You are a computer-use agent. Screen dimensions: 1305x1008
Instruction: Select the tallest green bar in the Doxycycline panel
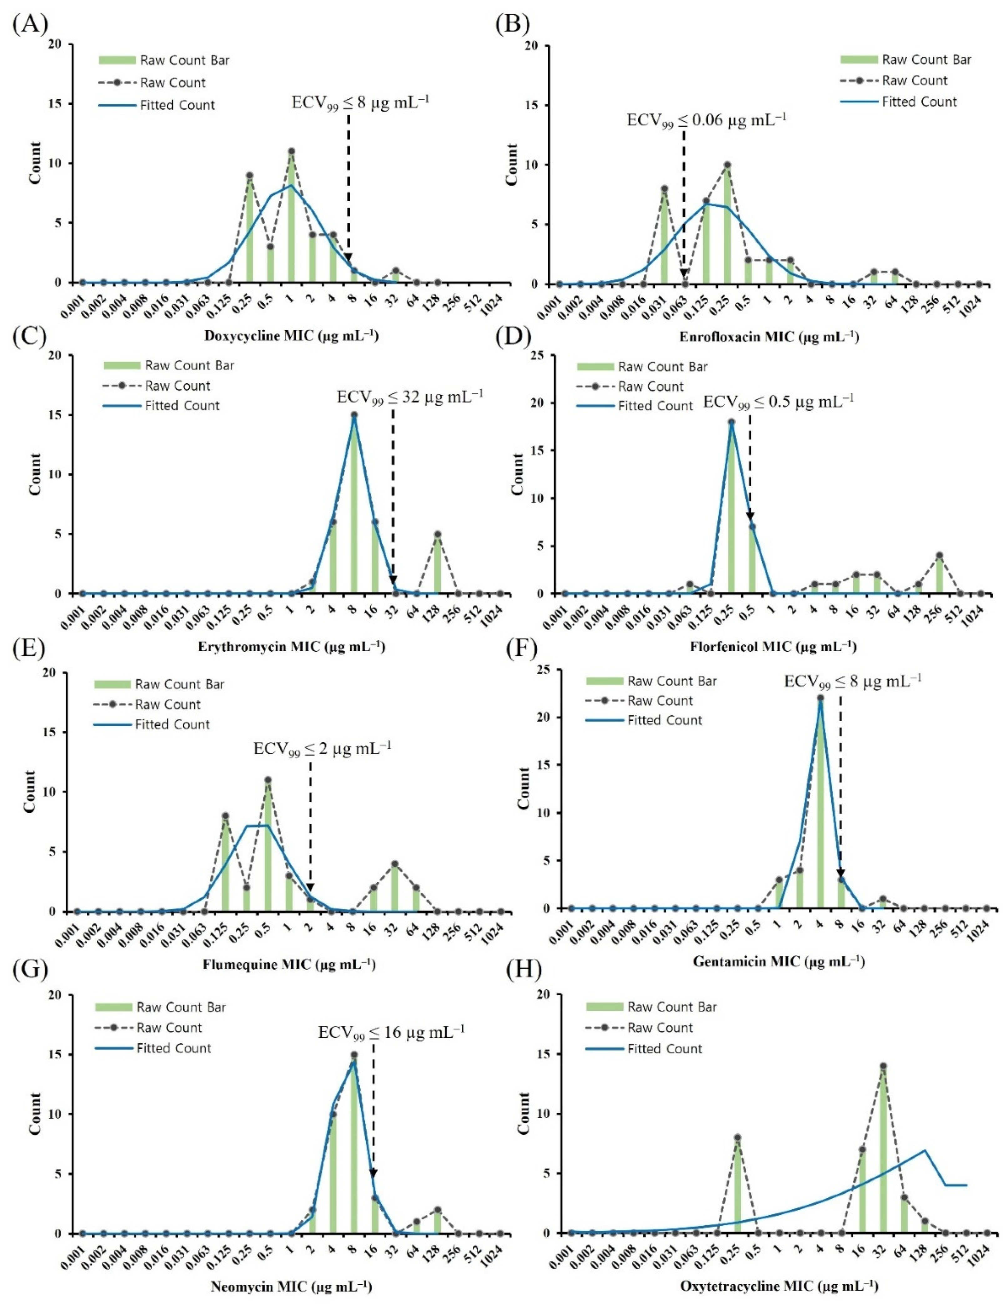pos(291,217)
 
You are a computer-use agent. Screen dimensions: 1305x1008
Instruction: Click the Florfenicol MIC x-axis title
pos(773,646)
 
